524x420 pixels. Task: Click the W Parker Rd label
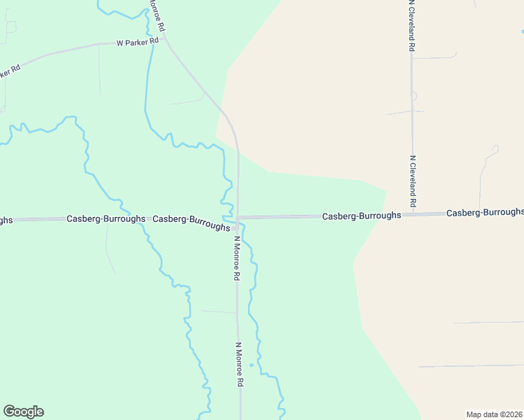pos(137,42)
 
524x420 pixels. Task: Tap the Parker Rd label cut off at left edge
pos(8,71)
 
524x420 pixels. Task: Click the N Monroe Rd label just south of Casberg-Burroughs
pos(237,258)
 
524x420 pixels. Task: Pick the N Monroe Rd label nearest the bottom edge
pos(239,365)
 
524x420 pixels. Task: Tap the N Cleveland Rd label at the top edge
pos(412,26)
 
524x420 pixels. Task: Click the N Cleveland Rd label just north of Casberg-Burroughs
pos(414,181)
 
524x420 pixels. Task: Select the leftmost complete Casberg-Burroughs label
pos(106,218)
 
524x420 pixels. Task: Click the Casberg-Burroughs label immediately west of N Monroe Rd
pos(191,223)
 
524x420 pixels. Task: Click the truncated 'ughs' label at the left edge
pos(6,220)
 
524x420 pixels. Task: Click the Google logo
pos(23,412)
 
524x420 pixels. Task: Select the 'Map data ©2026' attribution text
pos(495,414)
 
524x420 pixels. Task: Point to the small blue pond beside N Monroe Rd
pos(251,365)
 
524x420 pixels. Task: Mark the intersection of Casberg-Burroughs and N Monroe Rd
pos(238,218)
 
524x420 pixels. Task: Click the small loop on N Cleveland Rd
pos(413,96)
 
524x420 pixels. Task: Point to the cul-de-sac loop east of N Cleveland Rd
pos(495,148)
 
